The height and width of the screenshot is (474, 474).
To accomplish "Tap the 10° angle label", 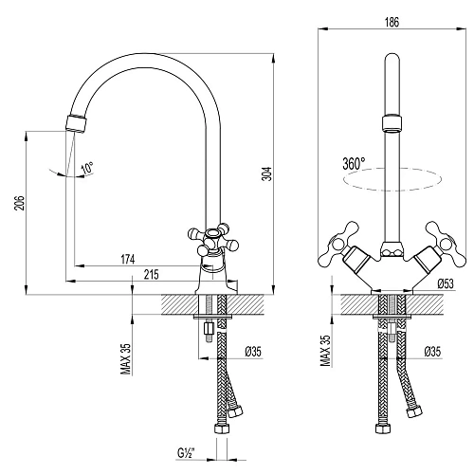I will click(x=87, y=169).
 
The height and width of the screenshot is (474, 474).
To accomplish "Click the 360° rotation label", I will click(x=354, y=163).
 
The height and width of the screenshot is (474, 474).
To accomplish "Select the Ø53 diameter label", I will click(x=445, y=283).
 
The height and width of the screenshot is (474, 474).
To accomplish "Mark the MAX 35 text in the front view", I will click(x=324, y=351).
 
